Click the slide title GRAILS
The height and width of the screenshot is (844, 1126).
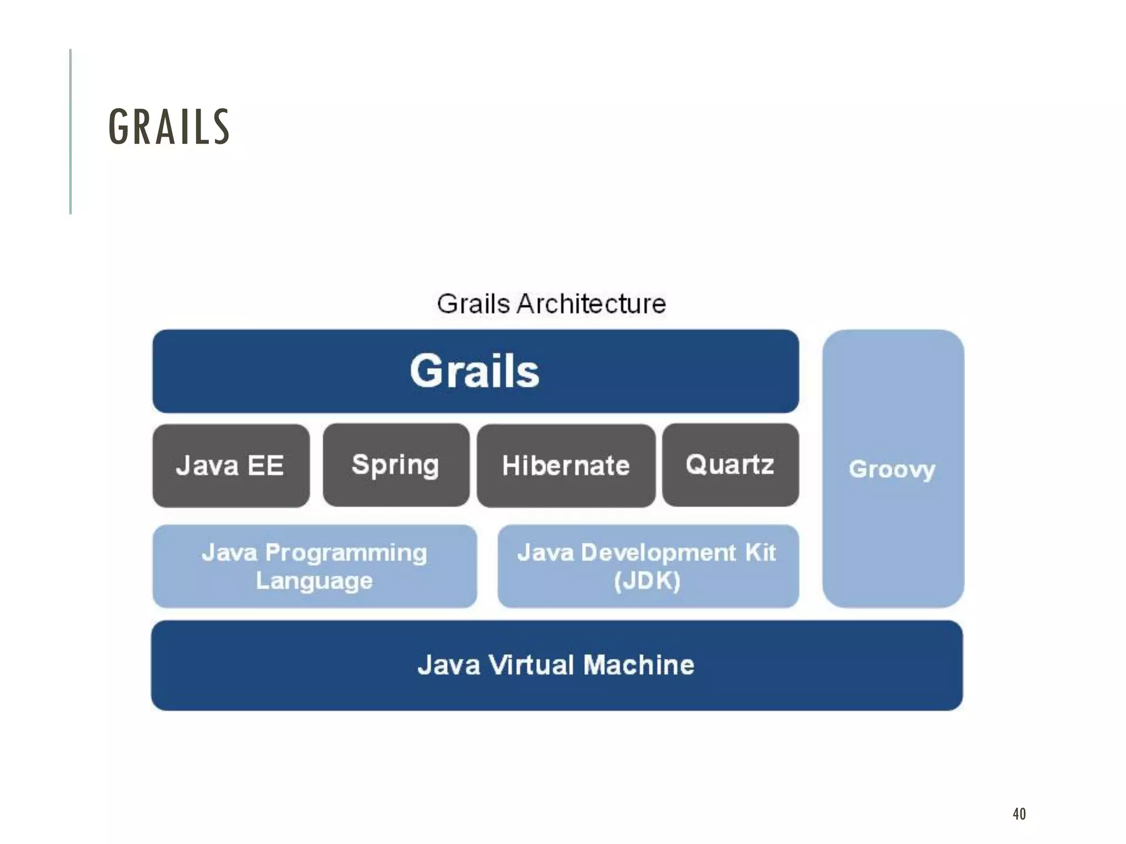point(169,127)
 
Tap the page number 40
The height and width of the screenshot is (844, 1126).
point(1019,814)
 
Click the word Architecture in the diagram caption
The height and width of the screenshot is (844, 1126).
point(591,304)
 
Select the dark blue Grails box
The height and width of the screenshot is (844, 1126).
point(476,371)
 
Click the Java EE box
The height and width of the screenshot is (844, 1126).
point(231,465)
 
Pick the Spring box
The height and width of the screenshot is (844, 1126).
point(396,465)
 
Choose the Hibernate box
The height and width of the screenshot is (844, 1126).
point(566,465)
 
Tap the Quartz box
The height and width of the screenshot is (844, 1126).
point(730,465)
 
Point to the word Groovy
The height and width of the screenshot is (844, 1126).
point(892,469)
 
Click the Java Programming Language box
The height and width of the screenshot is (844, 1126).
point(314,566)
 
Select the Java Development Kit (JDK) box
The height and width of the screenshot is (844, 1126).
point(648,566)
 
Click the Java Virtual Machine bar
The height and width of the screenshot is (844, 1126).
point(556,665)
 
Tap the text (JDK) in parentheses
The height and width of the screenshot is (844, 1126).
point(647,581)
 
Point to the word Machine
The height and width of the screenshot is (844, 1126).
point(639,665)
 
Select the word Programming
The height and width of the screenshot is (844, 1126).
point(346,553)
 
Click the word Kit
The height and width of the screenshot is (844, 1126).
point(760,552)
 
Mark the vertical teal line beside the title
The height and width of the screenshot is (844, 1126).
point(70,131)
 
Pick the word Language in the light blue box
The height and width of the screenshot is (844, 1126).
point(314,581)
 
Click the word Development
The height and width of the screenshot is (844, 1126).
point(658,552)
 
